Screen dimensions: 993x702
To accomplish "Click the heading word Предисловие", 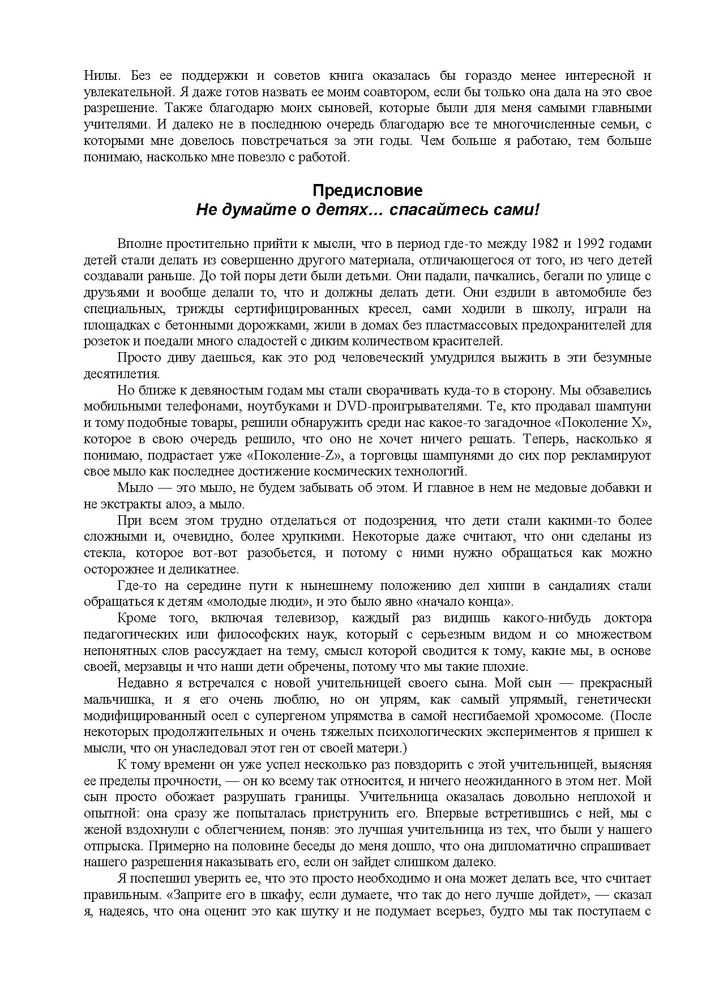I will coord(367,190).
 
